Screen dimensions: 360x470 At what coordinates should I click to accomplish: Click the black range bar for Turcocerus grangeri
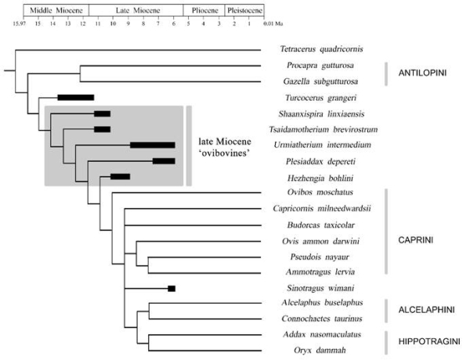(x=77, y=97)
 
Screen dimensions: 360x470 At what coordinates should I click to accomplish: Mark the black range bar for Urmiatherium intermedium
(x=153, y=145)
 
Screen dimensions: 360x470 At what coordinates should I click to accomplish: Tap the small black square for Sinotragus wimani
(x=172, y=289)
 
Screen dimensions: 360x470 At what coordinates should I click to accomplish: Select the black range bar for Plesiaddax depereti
(x=164, y=161)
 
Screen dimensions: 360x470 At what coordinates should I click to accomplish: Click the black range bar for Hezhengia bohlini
(x=121, y=176)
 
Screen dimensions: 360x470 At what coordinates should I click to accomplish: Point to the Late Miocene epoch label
(x=135, y=13)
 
